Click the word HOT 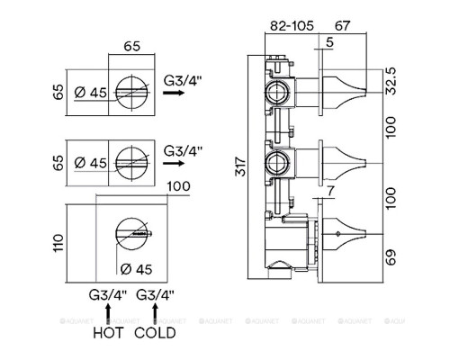[108, 333]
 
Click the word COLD [155, 333]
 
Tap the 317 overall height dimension [240, 166]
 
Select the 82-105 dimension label [292, 26]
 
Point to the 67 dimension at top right [342, 26]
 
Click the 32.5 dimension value [391, 81]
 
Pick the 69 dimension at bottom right [391, 257]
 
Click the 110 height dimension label [58, 243]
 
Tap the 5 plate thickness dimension [329, 42]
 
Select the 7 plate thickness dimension [330, 192]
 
